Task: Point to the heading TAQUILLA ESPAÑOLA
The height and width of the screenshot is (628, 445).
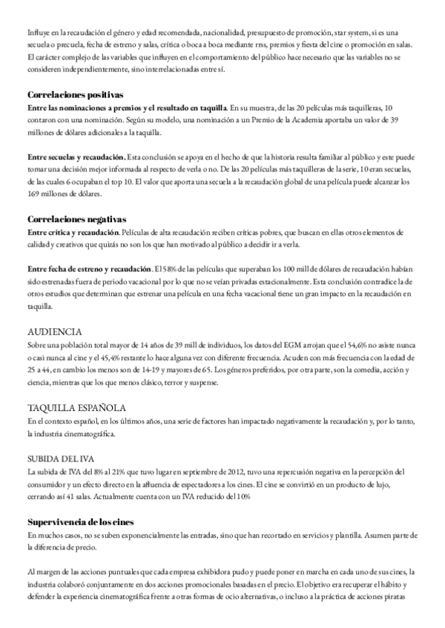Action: (x=77, y=407)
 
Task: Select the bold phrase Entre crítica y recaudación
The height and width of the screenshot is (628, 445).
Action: (x=73, y=233)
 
